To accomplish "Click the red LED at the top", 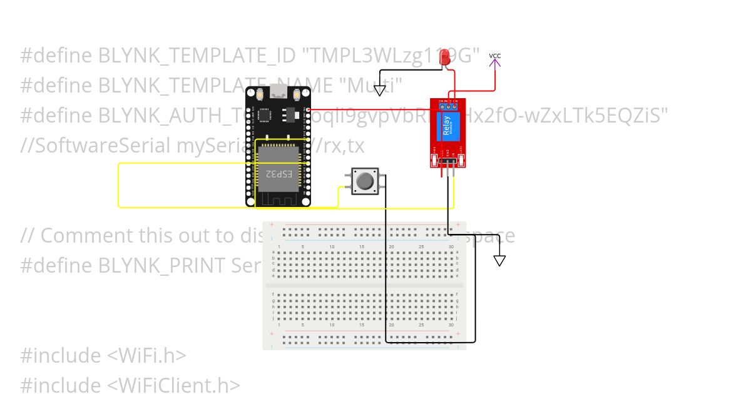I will pos(446,58).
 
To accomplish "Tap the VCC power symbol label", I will pos(495,56).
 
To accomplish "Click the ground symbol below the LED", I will pos(380,91).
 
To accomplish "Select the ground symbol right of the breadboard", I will pos(499,260).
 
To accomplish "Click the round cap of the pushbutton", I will pos(364,181).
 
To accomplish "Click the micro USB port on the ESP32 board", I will pos(277,93).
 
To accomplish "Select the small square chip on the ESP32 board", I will pos(265,115).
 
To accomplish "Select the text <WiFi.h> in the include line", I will pos(147,355).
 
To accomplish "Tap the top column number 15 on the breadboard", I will pos(362,247).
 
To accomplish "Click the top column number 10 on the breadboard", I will pos(332,247).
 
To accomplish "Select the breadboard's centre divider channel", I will pos(364,285).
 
